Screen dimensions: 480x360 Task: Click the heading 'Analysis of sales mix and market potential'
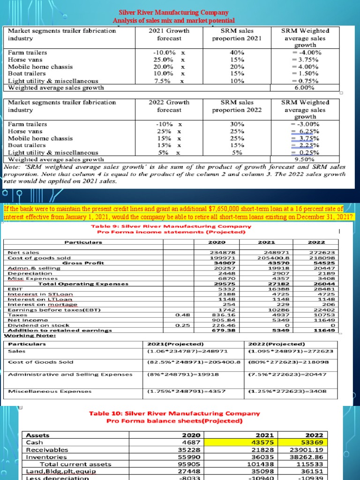[x=174, y=21]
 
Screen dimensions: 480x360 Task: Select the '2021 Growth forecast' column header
[x=169, y=34]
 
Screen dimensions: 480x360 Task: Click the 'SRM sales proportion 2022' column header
[x=237, y=106]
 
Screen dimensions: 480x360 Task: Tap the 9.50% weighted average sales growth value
[x=303, y=159]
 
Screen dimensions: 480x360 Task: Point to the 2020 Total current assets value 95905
[x=190, y=464]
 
